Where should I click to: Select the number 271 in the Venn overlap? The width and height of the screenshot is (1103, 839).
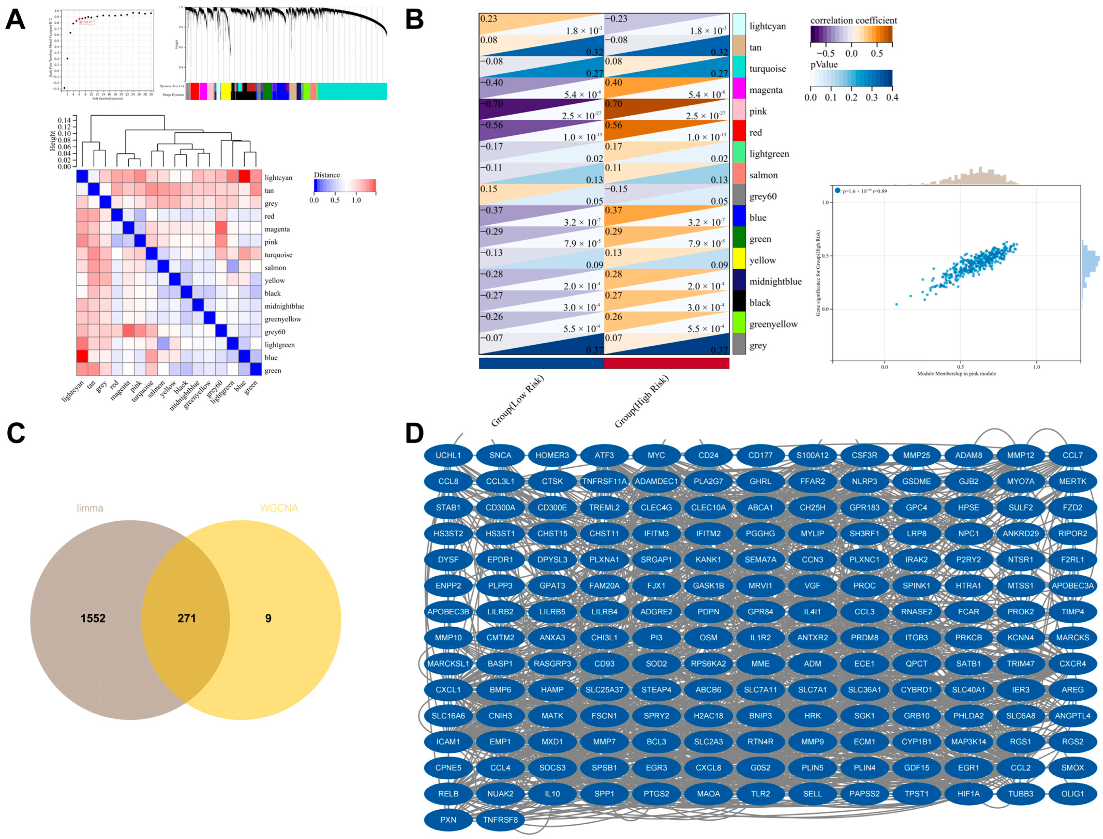point(186,618)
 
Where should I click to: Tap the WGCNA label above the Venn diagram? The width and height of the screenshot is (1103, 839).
point(279,508)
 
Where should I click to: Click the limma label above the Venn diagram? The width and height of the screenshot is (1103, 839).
point(90,508)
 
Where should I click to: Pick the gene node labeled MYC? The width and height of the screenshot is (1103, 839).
point(656,456)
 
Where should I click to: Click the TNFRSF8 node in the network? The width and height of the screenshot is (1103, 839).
point(500,819)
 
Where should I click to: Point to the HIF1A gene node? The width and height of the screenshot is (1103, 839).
point(968,794)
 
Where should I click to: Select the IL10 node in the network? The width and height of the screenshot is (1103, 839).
point(552,794)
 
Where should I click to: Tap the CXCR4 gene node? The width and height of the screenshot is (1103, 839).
point(1072,664)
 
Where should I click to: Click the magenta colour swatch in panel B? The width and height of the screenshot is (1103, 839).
point(739,90)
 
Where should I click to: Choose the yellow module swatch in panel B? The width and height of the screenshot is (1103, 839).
point(739,260)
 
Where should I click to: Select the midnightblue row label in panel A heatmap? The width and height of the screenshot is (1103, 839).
point(284,306)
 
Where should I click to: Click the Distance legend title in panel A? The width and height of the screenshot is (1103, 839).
point(327,175)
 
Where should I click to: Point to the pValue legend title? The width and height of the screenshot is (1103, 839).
point(824,64)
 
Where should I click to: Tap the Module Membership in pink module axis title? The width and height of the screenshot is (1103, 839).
point(956,374)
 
